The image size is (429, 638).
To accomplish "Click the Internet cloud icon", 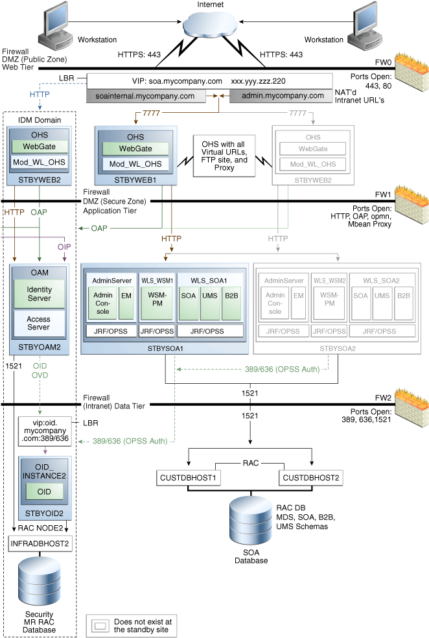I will click(x=214, y=27).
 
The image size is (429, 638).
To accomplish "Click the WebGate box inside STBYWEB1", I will click(x=135, y=150).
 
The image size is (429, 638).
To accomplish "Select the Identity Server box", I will click(x=39, y=293).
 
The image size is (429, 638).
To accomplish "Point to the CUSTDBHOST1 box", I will click(x=188, y=478).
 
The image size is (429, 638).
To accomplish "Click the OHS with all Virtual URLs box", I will click(x=224, y=156).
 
